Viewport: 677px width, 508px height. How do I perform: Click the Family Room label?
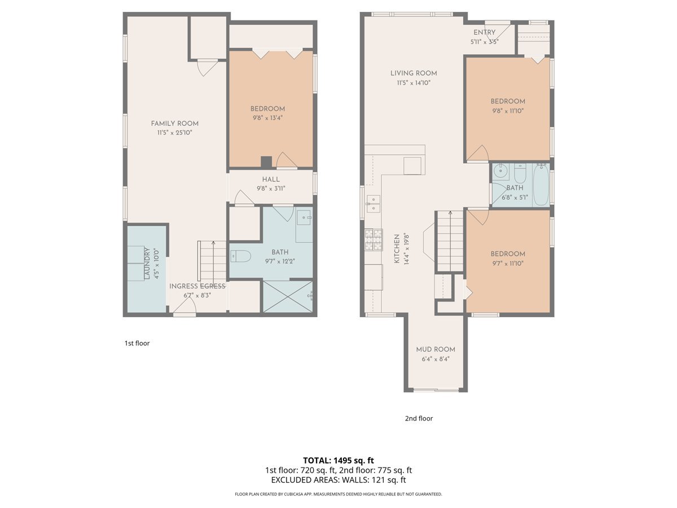(x=174, y=124)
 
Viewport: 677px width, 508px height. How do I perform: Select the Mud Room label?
(x=436, y=349)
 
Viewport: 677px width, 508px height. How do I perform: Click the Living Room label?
(x=414, y=73)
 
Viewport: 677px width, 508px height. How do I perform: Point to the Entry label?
(x=484, y=33)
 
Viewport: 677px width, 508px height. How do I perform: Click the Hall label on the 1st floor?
(x=271, y=179)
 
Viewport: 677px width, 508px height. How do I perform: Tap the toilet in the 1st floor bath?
(x=240, y=256)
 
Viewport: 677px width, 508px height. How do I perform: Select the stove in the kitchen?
(x=373, y=240)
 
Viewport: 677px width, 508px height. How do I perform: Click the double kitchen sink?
(x=373, y=204)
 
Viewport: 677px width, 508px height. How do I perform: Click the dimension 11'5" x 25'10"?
(x=174, y=133)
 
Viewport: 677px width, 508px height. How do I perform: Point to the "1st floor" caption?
(x=137, y=343)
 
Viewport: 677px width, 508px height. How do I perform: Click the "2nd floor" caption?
(x=419, y=419)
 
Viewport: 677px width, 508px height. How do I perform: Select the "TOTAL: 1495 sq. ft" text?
(x=338, y=460)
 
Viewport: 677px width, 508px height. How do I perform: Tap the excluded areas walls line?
(x=338, y=480)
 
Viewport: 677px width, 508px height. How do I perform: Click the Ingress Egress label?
(x=197, y=286)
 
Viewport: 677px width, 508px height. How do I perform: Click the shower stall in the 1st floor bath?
(x=288, y=296)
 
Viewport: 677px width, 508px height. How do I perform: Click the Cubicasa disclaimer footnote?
(x=338, y=494)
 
